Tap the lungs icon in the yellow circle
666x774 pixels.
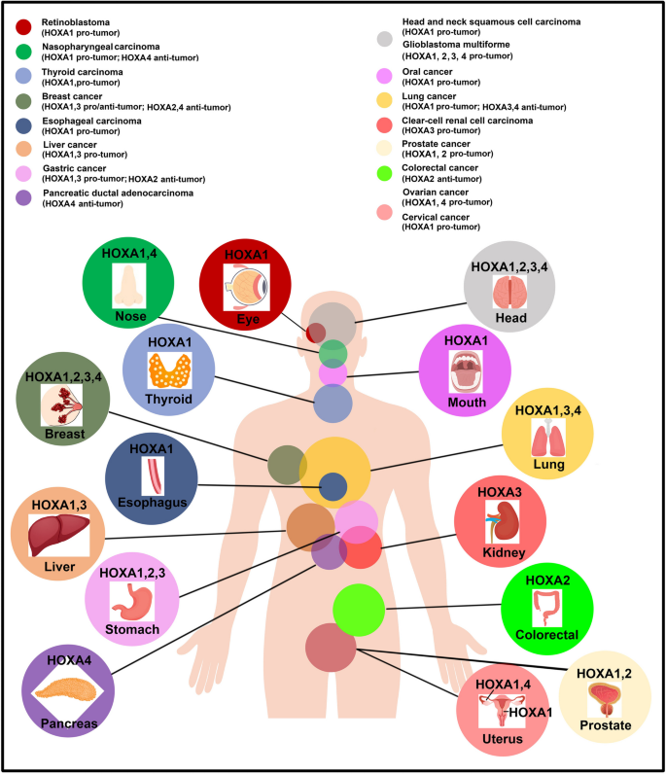pyautogui.click(x=547, y=441)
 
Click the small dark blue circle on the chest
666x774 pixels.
pyautogui.click(x=333, y=486)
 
